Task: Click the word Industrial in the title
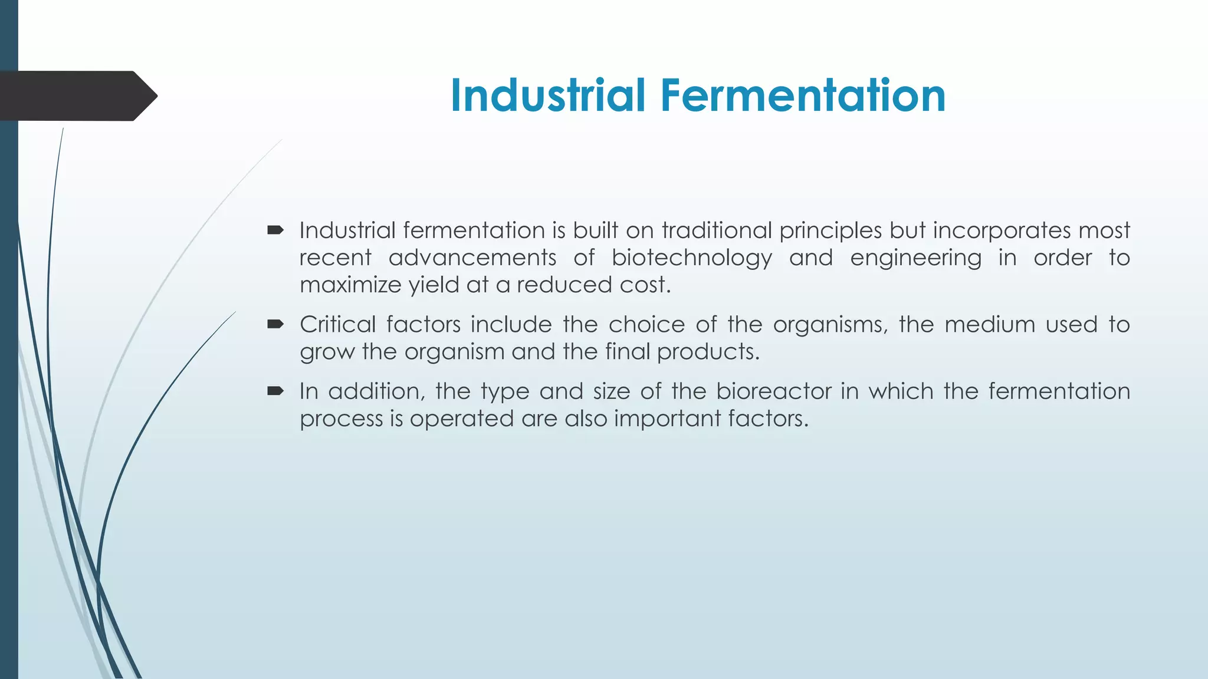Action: pyautogui.click(x=548, y=95)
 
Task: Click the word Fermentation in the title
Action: pyautogui.click(x=803, y=95)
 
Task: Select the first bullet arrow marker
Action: pyautogui.click(x=275, y=230)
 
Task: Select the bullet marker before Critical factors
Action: pyautogui.click(x=275, y=324)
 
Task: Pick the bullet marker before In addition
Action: pyautogui.click(x=275, y=391)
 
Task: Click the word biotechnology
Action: pyautogui.click(x=691, y=258)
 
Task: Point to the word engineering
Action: pyautogui.click(x=915, y=258)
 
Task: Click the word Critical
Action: pyautogui.click(x=337, y=325)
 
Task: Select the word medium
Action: pyautogui.click(x=990, y=325)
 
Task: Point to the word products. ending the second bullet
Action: pyautogui.click(x=708, y=352)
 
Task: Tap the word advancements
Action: pyautogui.click(x=472, y=258)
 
